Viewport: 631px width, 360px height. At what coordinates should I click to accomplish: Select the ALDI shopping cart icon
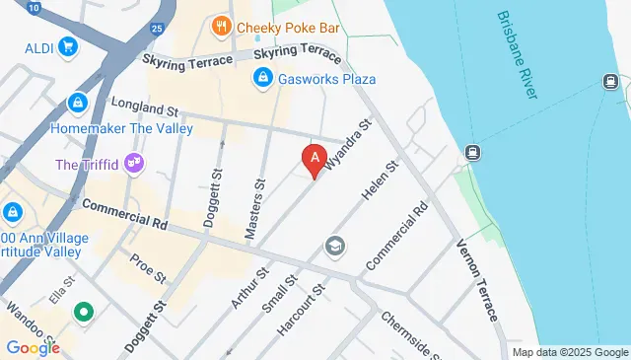tap(68, 45)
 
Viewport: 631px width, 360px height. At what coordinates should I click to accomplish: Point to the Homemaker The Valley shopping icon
tap(77, 102)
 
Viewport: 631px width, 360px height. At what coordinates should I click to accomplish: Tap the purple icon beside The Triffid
tap(135, 164)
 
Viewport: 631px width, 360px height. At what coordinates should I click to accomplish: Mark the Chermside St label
tap(406, 333)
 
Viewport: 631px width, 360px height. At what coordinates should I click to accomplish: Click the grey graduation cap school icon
tap(335, 246)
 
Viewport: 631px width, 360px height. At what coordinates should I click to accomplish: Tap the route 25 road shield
tap(158, 27)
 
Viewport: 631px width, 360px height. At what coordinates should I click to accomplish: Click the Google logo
tap(33, 348)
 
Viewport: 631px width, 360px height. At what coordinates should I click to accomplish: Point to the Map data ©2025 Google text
tap(570, 352)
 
